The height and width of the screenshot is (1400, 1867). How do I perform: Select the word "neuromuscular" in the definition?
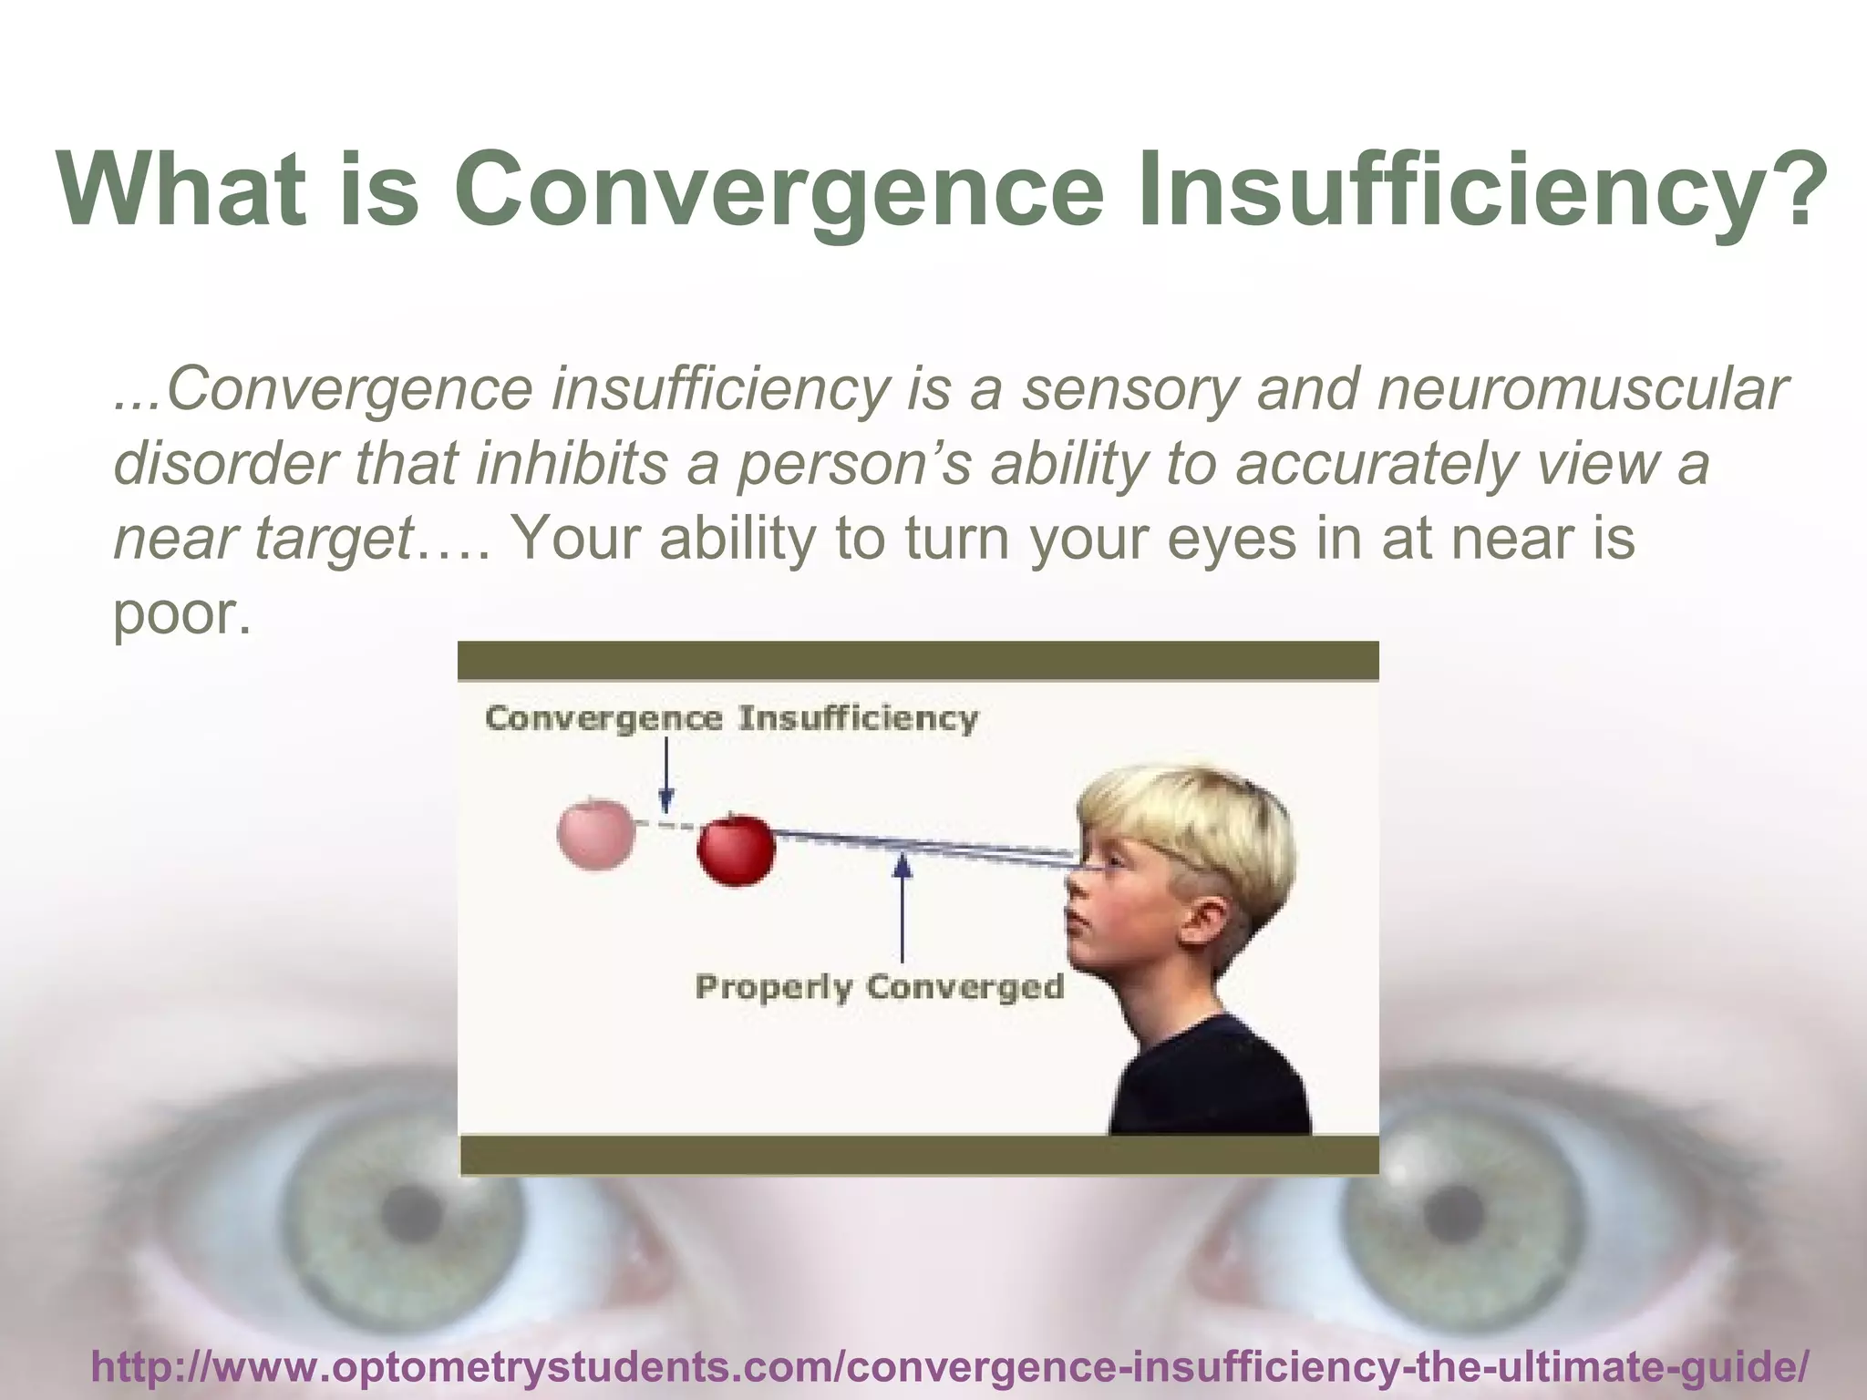pos(1581,390)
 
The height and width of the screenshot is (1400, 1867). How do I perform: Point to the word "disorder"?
pos(222,464)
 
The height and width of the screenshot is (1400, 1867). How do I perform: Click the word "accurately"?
pos(1377,464)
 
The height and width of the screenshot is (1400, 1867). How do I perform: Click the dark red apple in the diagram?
pos(736,849)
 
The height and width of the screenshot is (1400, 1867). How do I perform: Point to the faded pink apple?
pos(596,833)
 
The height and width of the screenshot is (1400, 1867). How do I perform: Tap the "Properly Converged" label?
pos(879,987)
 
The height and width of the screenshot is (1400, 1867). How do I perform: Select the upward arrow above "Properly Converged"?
pos(903,907)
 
